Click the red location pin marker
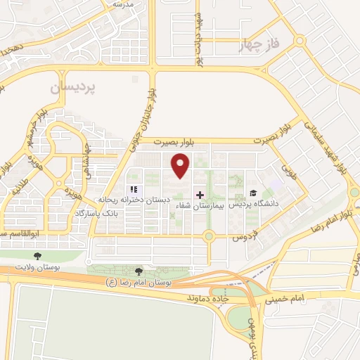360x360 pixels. pyautogui.click(x=181, y=166)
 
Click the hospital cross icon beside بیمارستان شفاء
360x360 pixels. pyautogui.click(x=200, y=194)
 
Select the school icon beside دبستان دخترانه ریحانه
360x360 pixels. pyautogui.click(x=134, y=189)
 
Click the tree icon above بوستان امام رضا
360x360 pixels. pyautogui.click(x=139, y=271)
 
